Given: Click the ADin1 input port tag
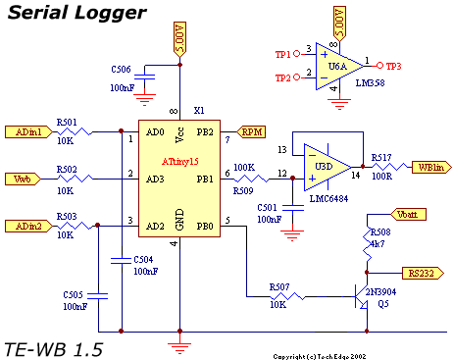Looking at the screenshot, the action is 28,132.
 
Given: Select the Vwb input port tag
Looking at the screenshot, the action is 23,180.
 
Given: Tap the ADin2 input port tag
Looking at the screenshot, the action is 28,226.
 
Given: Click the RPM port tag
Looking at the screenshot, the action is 251,132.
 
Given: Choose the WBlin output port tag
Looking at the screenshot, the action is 431,168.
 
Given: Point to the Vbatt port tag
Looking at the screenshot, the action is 409,215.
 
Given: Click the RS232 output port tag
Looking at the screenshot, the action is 423,273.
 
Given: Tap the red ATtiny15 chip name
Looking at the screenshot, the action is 179,162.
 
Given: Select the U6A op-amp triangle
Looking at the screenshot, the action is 339,67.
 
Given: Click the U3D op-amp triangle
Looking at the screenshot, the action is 328,168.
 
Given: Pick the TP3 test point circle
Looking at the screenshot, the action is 379,66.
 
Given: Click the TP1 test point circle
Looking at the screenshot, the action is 297,54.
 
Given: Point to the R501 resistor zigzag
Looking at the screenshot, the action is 75,131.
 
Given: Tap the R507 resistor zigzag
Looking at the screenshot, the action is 287,296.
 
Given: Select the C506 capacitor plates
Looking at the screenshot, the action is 145,77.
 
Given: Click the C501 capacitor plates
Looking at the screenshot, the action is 293,208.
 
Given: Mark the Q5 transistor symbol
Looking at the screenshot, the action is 362,296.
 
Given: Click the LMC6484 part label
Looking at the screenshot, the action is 328,199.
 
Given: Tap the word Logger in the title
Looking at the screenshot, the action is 110,14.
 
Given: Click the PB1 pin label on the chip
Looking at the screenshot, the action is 205,180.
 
